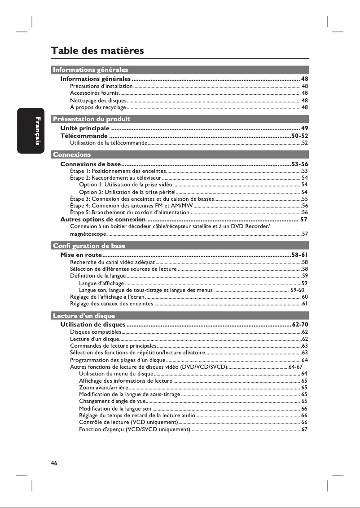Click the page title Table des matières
point(97,50)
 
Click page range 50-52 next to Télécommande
point(299,136)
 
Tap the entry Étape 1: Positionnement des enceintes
point(118,171)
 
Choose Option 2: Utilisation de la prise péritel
point(127,192)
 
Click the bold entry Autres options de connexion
point(103,219)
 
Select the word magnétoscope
point(88,234)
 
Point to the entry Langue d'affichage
point(101,283)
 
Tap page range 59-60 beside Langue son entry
point(298,290)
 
